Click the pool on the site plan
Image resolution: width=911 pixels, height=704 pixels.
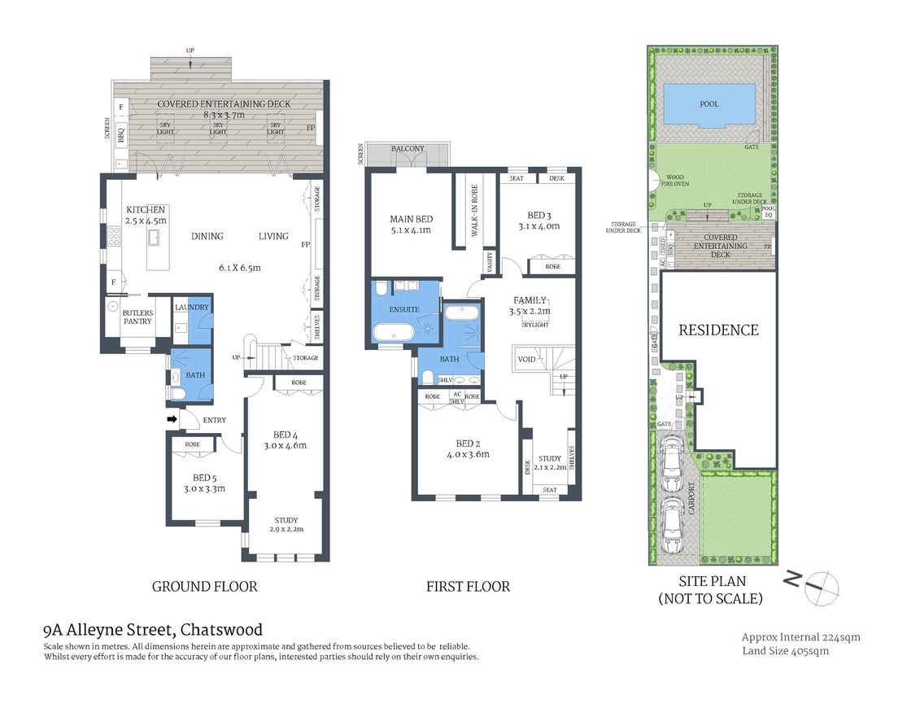697,104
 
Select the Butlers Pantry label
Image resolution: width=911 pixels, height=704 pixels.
137,317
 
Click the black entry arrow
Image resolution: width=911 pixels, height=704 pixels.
172,419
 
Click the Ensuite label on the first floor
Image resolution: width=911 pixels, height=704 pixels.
403,309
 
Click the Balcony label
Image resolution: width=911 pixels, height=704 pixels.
408,149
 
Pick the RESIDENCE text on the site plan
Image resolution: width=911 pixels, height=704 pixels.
718,330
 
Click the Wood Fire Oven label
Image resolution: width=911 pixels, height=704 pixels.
675,181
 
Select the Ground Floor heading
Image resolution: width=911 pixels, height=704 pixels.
204,586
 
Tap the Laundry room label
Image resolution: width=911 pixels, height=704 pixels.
193,307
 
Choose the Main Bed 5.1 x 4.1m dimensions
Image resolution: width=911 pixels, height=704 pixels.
411,230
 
